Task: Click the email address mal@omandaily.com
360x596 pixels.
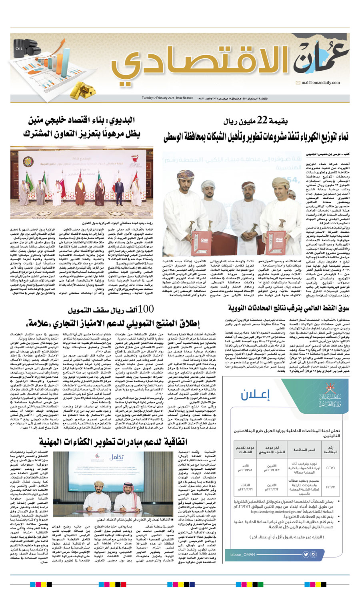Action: pos(320,83)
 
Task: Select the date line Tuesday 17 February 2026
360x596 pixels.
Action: pos(168,98)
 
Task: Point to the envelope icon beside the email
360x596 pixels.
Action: pos(298,83)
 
